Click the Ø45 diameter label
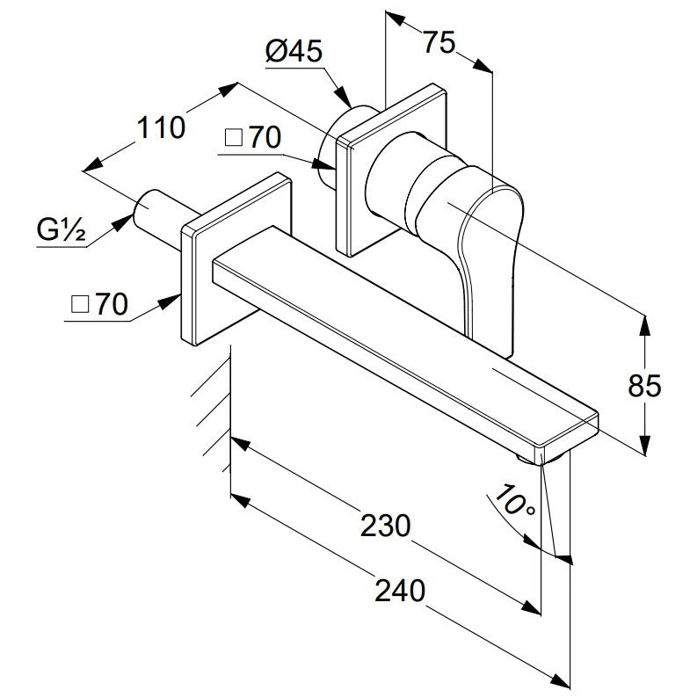(294, 51)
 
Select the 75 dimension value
(439, 42)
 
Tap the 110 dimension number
(161, 127)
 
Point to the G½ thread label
(61, 229)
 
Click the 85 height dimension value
(644, 385)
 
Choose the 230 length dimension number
(385, 525)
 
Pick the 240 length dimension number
(400, 591)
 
